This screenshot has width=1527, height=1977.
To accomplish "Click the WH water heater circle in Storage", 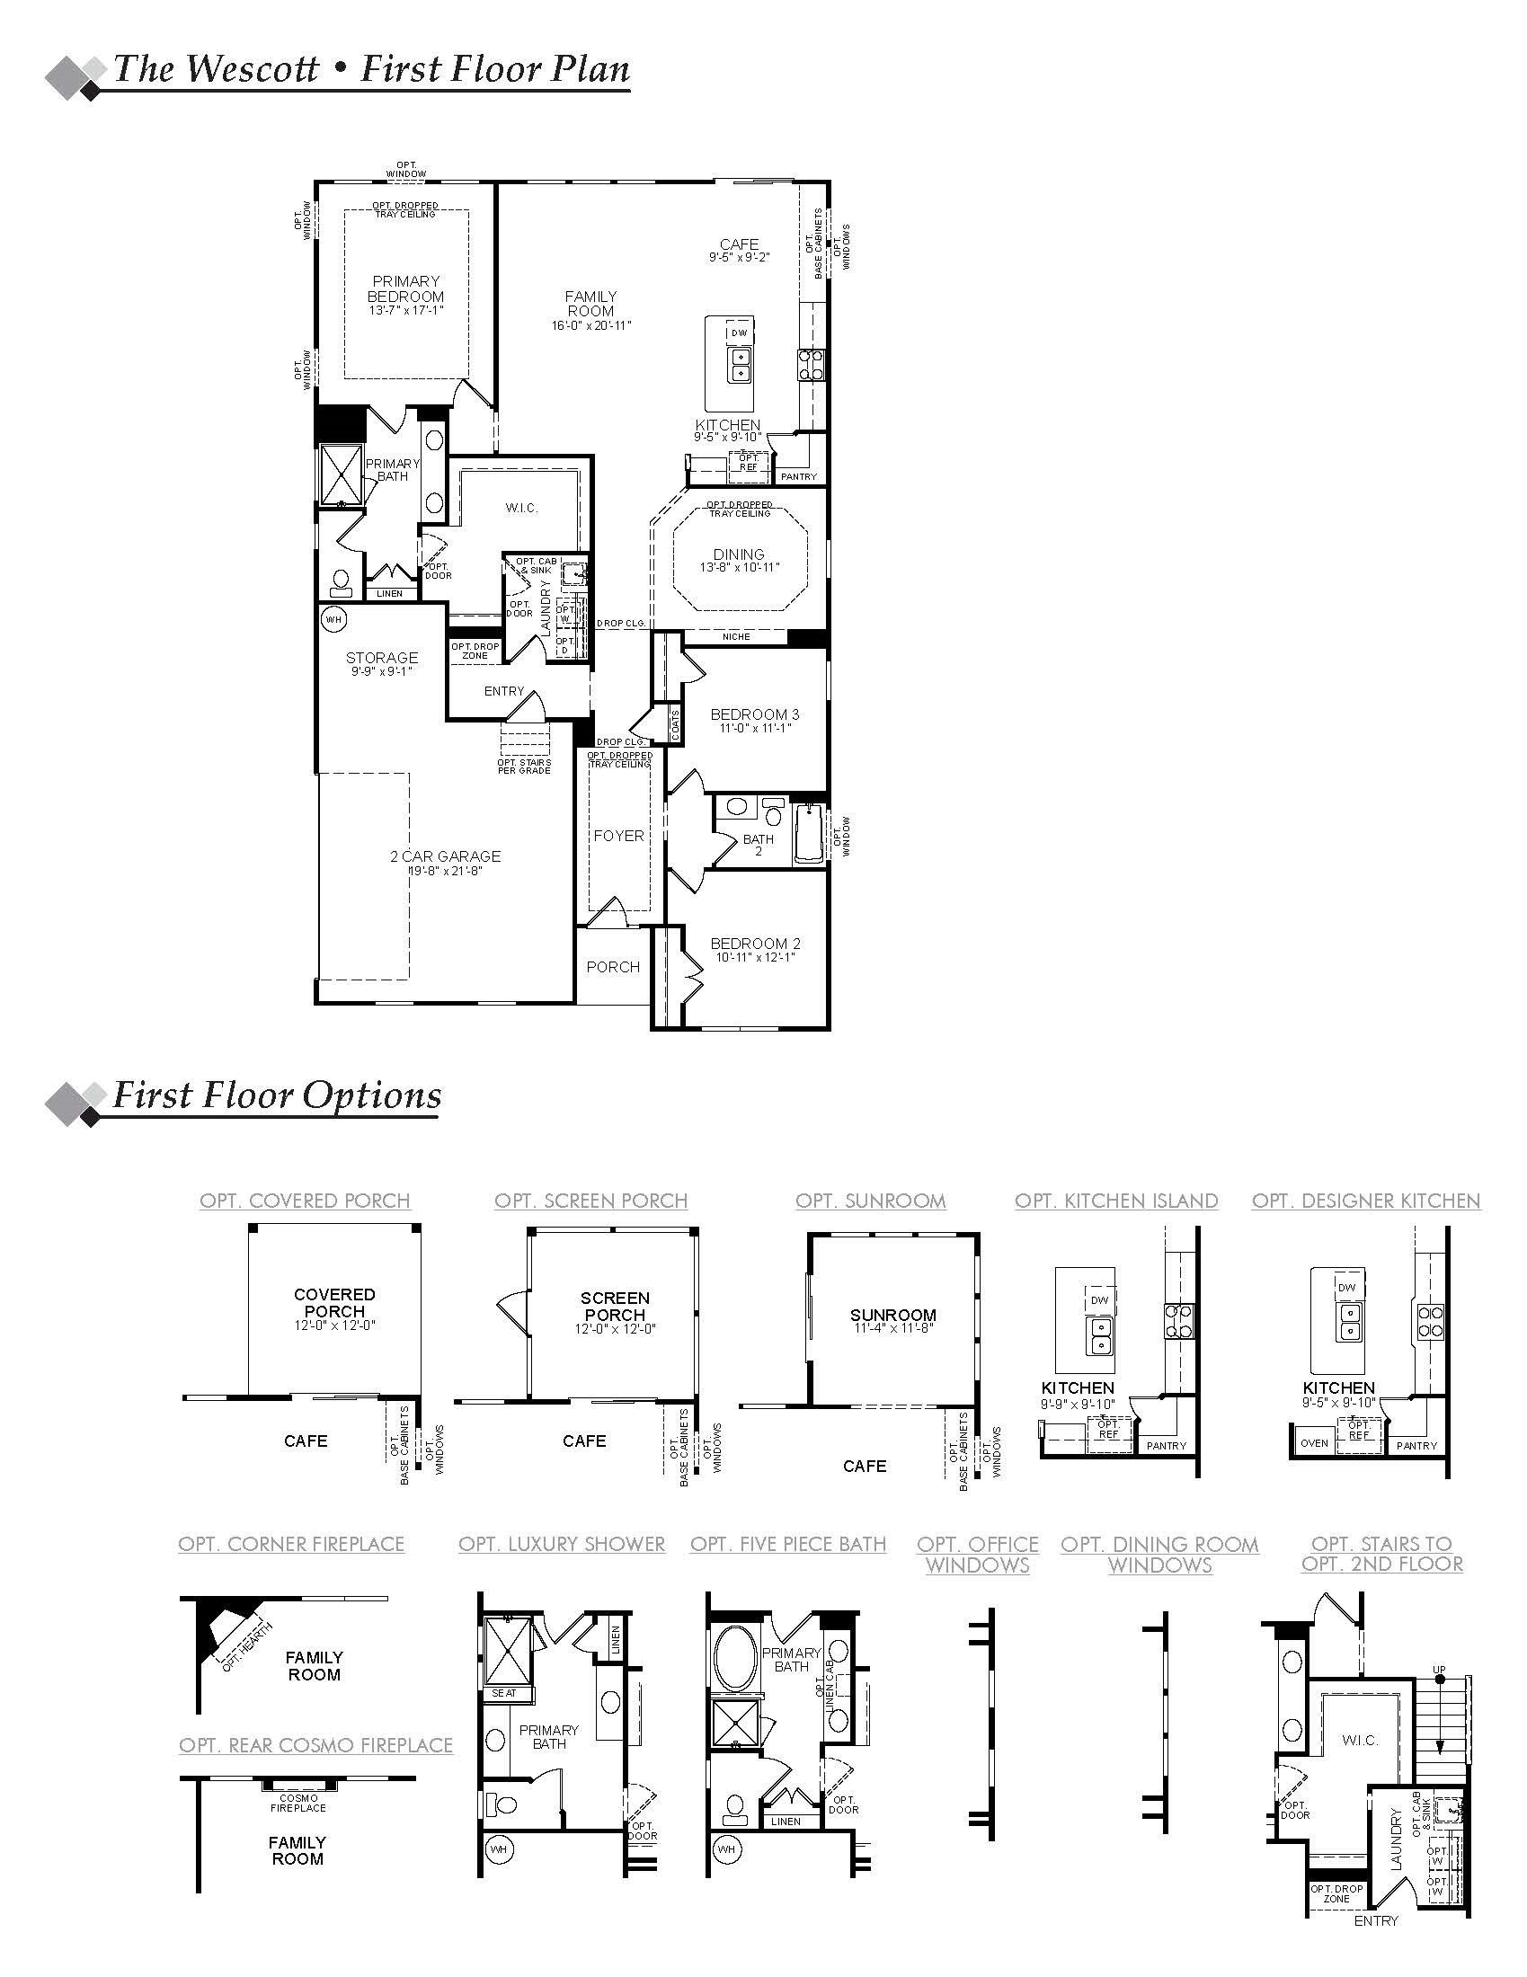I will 333,619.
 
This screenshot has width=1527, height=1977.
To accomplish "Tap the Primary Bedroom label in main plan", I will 405,288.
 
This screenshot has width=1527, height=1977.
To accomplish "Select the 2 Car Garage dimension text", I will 445,871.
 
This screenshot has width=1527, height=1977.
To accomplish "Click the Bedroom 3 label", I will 754,714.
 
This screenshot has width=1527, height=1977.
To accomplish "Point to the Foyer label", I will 618,836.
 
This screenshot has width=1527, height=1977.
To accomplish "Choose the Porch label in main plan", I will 613,967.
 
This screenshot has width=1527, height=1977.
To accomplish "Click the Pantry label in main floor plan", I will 798,476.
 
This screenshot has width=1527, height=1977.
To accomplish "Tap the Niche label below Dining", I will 736,636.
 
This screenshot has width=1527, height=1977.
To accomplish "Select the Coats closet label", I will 675,725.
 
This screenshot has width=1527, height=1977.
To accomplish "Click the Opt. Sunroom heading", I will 871,1201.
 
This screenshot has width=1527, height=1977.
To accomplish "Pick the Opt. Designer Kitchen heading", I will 1365,1201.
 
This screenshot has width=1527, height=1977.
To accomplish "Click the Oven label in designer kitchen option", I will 1314,1443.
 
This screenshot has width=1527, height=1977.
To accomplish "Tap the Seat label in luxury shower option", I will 504,1692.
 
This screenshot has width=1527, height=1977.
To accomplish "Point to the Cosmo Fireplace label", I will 297,1803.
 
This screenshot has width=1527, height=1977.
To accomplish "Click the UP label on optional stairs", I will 1438,1669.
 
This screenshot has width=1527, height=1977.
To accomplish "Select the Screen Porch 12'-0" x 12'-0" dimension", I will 615,1330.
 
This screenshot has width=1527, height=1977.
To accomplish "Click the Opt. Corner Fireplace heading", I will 291,1544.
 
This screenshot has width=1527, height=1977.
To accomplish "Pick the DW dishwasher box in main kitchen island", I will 740,333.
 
